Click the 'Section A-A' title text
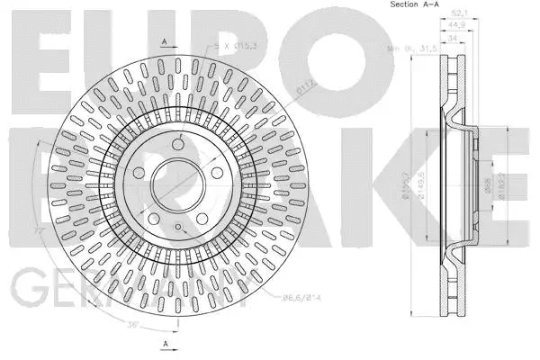tap(416, 5)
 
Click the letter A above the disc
tap(164, 41)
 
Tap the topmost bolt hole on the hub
tap(176, 142)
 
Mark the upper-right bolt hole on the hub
tap(217, 172)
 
